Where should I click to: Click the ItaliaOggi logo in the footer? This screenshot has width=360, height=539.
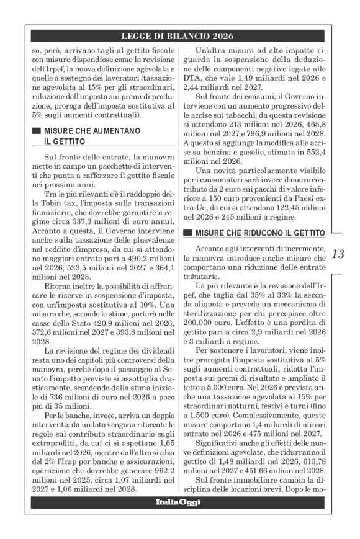(179, 519)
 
